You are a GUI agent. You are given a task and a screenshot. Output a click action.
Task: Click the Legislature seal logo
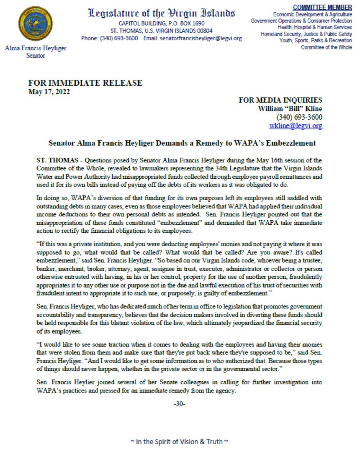click(36, 24)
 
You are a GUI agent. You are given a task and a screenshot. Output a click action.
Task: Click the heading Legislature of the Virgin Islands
click(162, 13)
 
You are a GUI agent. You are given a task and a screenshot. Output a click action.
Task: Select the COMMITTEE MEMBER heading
click(328, 7)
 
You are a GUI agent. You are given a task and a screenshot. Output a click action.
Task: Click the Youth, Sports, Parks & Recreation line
click(316, 41)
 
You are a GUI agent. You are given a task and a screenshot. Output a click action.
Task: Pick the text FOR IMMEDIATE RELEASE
click(85, 83)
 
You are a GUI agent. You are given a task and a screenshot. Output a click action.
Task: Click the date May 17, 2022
click(49, 92)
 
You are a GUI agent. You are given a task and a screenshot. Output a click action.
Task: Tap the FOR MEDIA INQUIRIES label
click(280, 100)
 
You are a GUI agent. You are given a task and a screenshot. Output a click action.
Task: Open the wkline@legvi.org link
click(295, 125)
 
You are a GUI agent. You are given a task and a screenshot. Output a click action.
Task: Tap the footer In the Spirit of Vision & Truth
click(180, 441)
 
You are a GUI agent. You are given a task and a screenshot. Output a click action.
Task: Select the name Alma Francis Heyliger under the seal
click(36, 49)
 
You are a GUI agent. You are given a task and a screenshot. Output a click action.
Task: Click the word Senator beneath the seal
click(36, 56)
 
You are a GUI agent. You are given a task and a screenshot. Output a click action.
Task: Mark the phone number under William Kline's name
click(299, 117)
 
